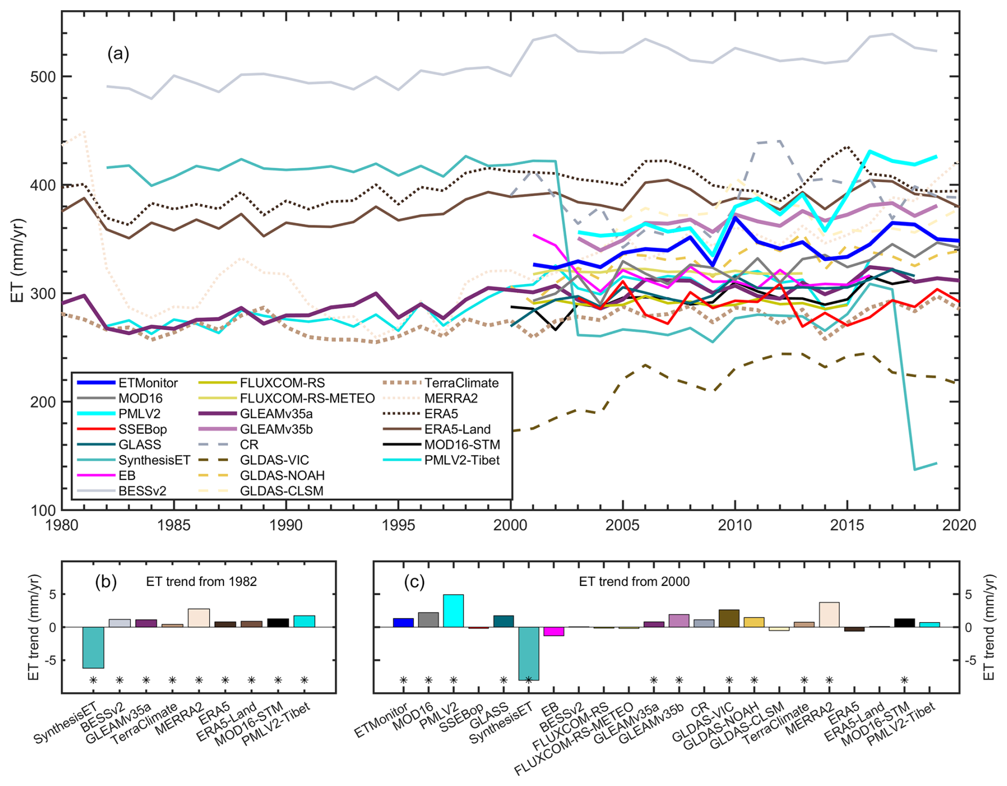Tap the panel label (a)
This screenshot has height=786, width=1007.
click(118, 54)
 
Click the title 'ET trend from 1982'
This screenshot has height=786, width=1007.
click(201, 582)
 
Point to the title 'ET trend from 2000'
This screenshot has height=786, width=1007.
click(634, 582)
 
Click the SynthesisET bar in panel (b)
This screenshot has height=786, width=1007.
click(93, 647)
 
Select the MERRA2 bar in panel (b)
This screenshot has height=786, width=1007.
click(199, 618)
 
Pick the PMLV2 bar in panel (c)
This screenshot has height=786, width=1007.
click(453, 611)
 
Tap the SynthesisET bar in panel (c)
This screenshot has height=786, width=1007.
click(529, 653)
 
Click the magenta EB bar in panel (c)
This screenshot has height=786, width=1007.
click(554, 632)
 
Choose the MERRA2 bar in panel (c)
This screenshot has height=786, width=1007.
click(829, 615)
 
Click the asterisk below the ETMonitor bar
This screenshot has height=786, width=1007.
click(403, 680)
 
